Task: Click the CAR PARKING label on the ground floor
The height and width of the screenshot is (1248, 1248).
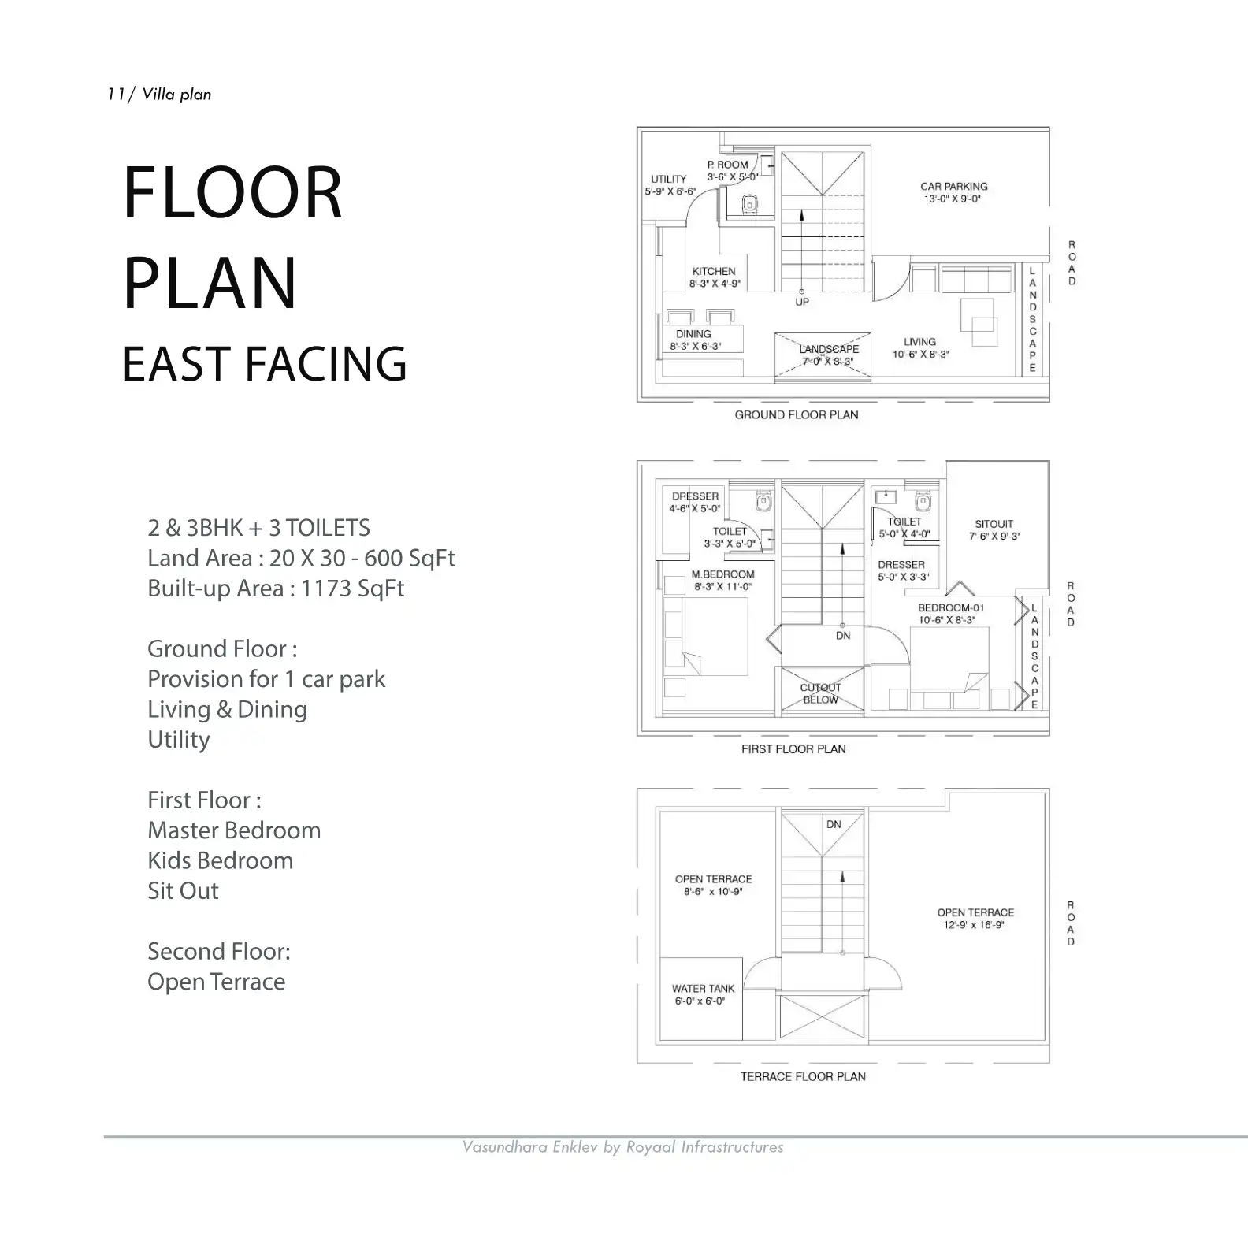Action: point(953,187)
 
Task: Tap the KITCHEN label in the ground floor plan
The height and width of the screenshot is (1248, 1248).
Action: point(714,271)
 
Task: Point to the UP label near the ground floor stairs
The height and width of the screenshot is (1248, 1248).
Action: point(802,302)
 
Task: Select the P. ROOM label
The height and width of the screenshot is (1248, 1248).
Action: point(727,165)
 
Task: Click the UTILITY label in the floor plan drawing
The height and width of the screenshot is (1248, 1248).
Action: point(669,179)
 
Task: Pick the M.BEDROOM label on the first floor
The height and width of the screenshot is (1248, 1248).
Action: point(723,574)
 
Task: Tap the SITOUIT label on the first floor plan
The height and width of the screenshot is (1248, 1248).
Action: point(994,524)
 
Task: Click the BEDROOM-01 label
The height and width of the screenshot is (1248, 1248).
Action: point(951,607)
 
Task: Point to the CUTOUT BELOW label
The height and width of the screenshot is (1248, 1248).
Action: point(821,693)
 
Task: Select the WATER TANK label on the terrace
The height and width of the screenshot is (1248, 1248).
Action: point(703,988)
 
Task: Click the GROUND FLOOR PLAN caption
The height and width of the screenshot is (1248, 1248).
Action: point(797,414)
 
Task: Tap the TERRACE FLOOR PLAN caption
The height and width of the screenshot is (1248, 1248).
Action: point(803,1076)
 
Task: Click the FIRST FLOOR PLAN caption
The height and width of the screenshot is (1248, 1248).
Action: point(793,749)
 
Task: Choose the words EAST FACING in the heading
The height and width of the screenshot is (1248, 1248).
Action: point(265,364)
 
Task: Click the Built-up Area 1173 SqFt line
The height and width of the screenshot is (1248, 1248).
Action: point(276,589)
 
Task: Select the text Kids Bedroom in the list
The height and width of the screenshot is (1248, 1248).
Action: point(220,860)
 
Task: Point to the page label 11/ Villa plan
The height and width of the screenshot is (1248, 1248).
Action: point(159,95)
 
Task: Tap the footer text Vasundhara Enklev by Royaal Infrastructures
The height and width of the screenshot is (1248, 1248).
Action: point(623,1147)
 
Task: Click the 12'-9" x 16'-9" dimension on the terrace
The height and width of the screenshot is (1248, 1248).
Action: point(975,925)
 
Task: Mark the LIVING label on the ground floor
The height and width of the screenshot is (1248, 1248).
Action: point(920,342)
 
